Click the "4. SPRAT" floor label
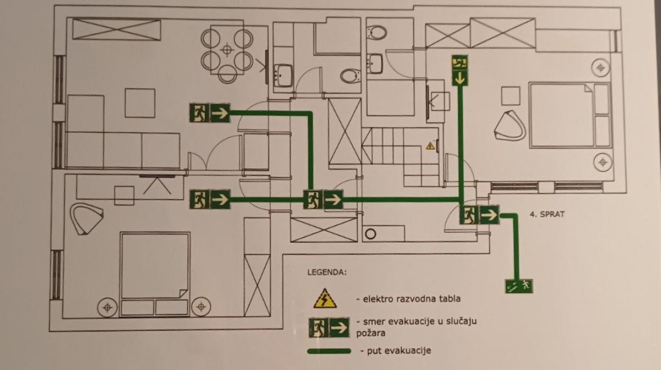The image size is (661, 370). [x=548, y=214]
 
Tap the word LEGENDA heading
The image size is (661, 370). [x=327, y=272]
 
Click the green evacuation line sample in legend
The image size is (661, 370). [x=329, y=351]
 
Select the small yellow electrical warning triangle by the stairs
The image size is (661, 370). [x=430, y=146]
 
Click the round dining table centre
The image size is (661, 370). [x=226, y=50]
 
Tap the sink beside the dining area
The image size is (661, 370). [x=284, y=74]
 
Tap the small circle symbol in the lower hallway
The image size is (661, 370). [x=371, y=233]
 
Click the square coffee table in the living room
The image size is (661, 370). [x=139, y=103]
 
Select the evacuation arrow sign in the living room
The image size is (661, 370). [x=209, y=114]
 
